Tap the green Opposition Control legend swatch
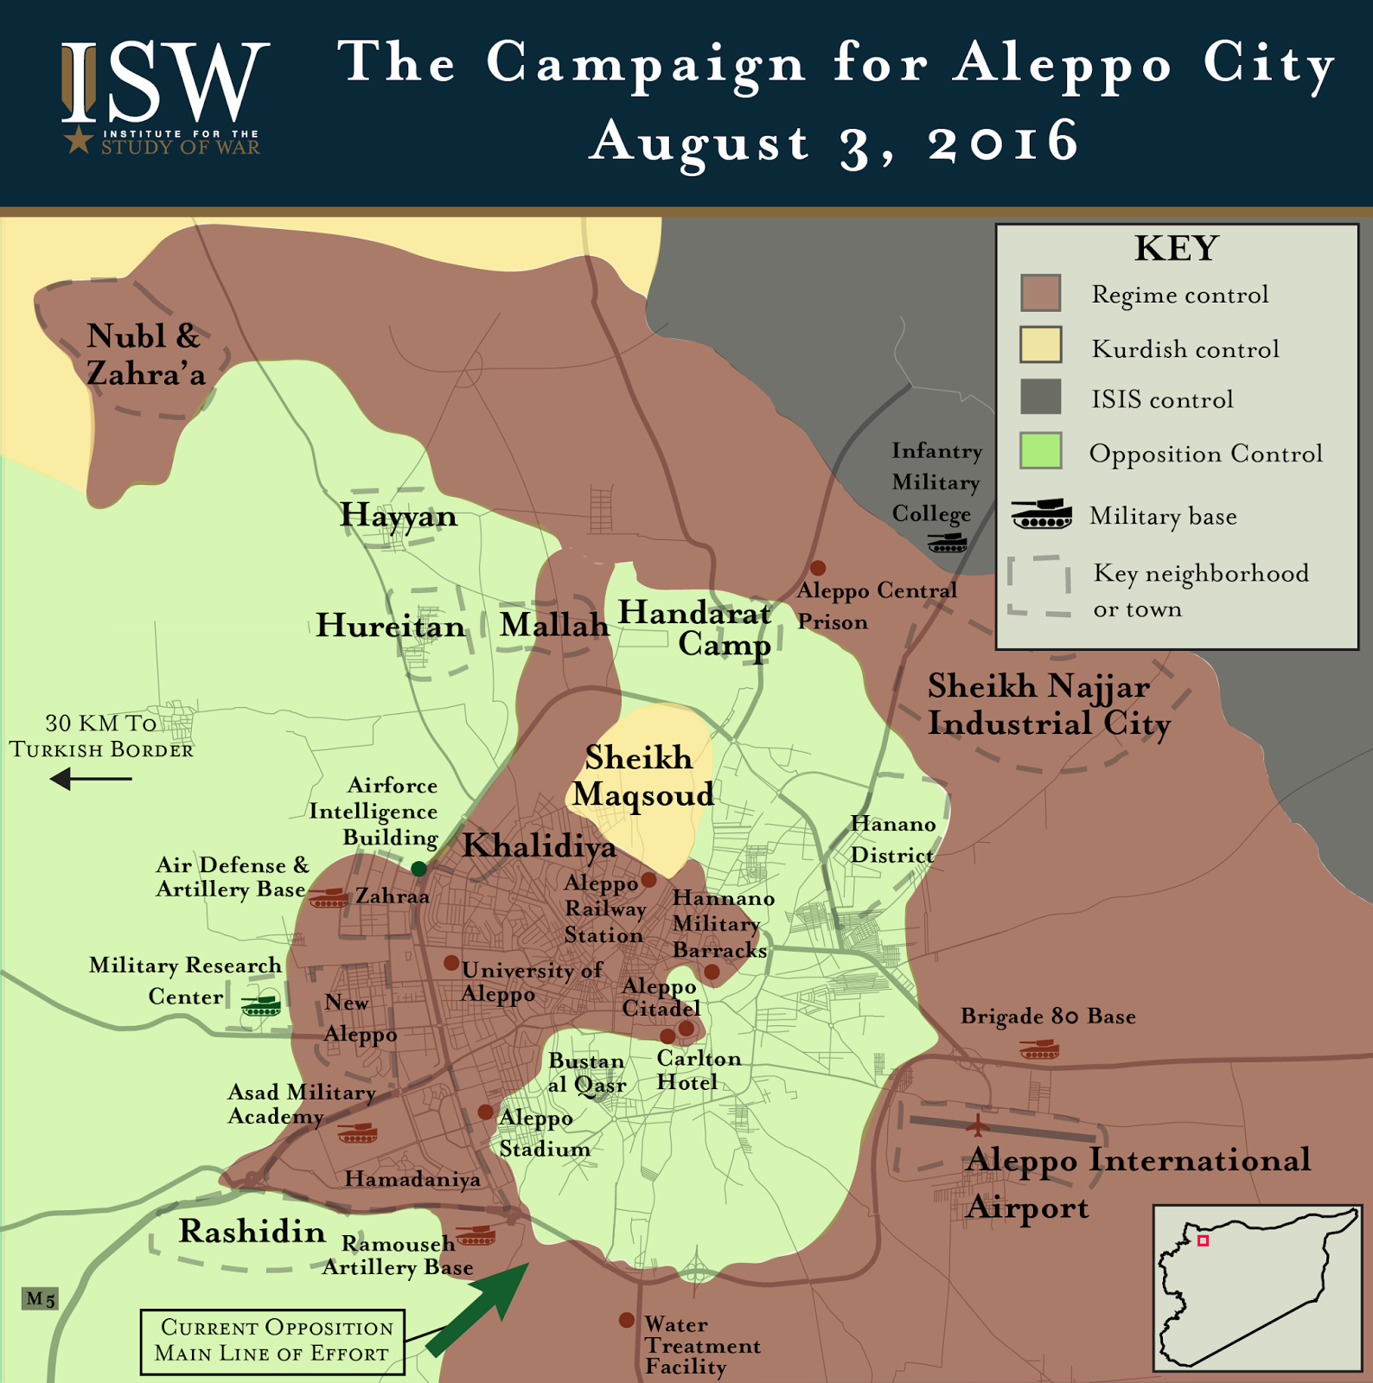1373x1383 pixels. tap(1040, 450)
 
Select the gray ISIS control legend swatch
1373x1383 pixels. tap(1040, 397)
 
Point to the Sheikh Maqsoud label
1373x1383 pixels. tap(642, 775)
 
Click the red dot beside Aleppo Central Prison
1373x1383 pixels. tap(817, 568)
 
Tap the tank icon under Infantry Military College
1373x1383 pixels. tap(947, 544)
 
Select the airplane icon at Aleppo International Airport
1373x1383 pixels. tap(977, 1125)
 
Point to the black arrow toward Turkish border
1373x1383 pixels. tap(91, 779)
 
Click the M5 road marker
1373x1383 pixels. tap(40, 1298)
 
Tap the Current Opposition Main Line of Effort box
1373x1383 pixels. tap(272, 1341)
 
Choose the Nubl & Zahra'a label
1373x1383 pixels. tap(145, 354)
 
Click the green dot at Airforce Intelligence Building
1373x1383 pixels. tap(418, 868)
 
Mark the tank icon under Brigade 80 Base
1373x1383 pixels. tap(1039, 1050)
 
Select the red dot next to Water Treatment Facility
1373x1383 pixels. tap(627, 1320)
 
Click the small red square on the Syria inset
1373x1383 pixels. tap(1202, 1240)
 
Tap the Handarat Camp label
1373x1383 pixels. tap(696, 628)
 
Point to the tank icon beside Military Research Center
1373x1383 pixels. tap(260, 1006)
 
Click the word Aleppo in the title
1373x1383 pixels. tap(1063, 65)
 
